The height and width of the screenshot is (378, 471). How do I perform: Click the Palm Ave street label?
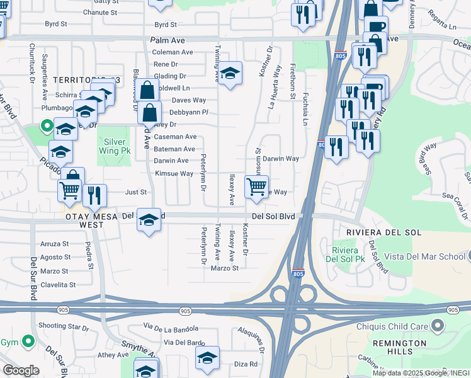167,40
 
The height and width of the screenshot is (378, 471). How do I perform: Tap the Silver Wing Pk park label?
115,147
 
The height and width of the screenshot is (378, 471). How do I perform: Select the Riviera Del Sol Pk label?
343,255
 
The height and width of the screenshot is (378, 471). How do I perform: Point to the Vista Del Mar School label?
425,256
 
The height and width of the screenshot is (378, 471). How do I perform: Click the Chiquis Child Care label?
394,326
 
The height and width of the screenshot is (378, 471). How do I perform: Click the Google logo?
21,370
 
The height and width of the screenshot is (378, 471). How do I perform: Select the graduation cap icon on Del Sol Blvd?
149,220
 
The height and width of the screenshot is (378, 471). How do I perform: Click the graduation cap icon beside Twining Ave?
230,74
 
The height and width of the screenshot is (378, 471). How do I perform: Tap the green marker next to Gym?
28,342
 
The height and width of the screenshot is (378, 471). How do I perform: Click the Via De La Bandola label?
171,328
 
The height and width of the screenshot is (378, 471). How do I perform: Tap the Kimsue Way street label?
174,173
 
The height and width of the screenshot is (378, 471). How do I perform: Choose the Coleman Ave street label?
173,52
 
